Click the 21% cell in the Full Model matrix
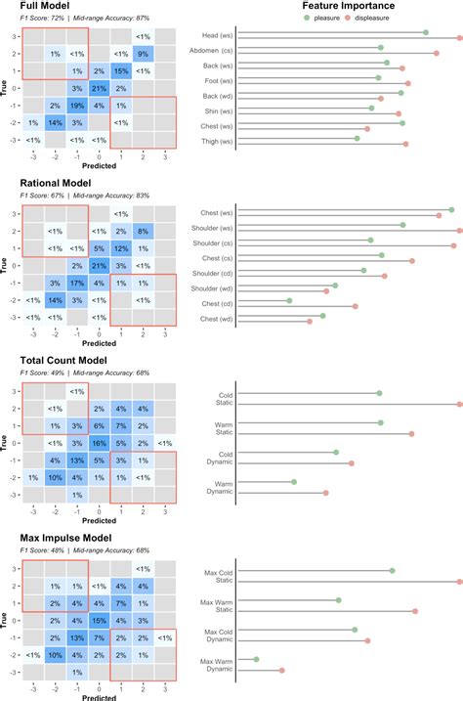pyautogui.click(x=99, y=88)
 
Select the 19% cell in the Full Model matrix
pyautogui.click(x=77, y=106)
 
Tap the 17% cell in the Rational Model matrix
pyautogui.click(x=77, y=283)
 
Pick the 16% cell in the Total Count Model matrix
pyautogui.click(x=99, y=443)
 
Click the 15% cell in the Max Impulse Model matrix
pyautogui.click(x=99, y=620)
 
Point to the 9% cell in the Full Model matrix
pyautogui.click(x=143, y=53)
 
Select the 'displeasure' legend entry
pyautogui.click(x=403, y=17)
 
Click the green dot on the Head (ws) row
pyautogui.click(x=426, y=32)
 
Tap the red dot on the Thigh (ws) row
pyautogui.click(x=405, y=144)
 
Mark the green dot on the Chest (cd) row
pyautogui.click(x=289, y=301)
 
